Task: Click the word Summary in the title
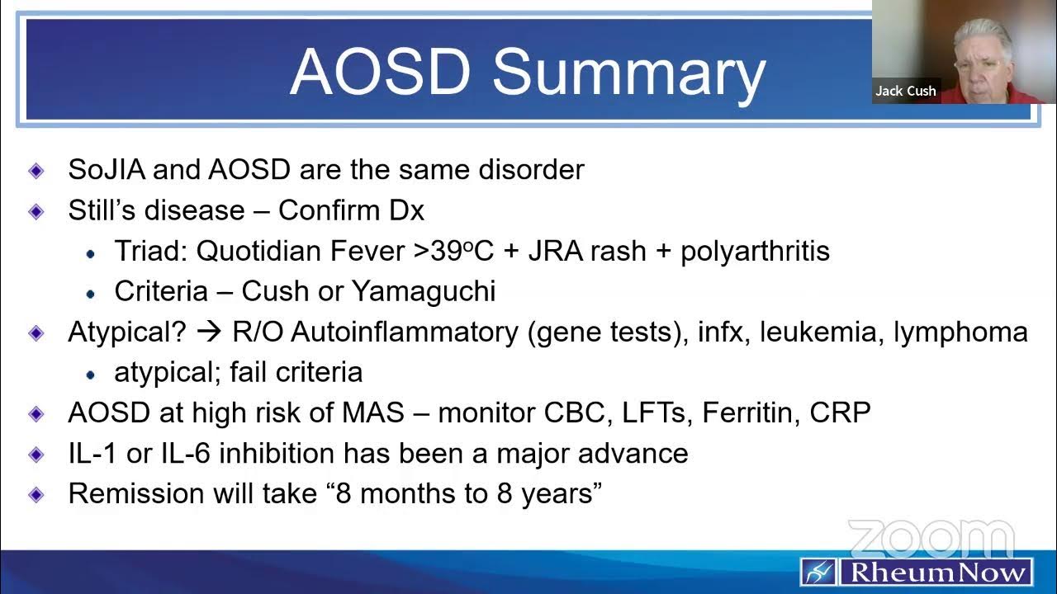[x=629, y=73]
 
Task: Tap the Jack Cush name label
[x=906, y=91]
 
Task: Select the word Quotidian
[x=259, y=251]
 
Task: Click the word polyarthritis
[x=755, y=251]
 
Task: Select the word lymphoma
[x=960, y=332]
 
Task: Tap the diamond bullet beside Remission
[x=36, y=493]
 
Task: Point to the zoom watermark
[x=931, y=538]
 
